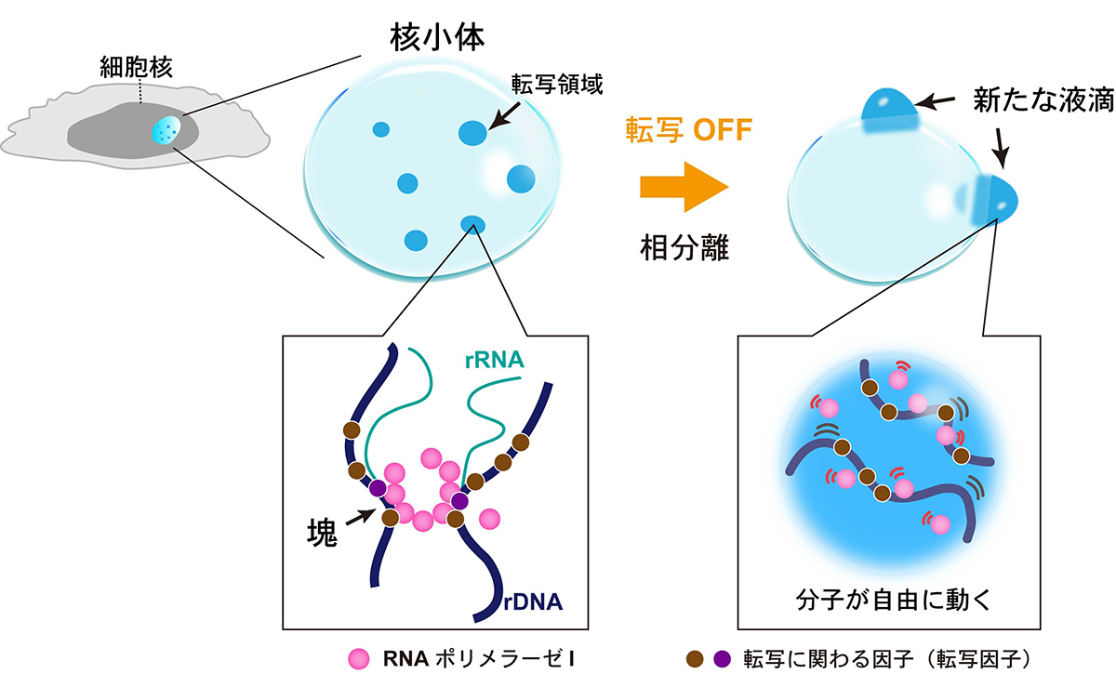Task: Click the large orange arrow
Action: pos(682,185)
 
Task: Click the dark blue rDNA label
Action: pos(534,603)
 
